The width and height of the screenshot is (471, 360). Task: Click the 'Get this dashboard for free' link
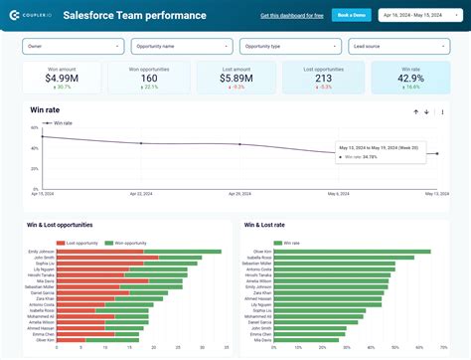coord(290,16)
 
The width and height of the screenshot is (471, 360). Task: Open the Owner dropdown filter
coord(74,46)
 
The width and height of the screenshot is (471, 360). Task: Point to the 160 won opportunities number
coord(149,78)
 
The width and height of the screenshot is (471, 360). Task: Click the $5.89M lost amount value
coord(236,78)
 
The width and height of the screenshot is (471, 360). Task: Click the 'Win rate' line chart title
coord(45,109)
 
